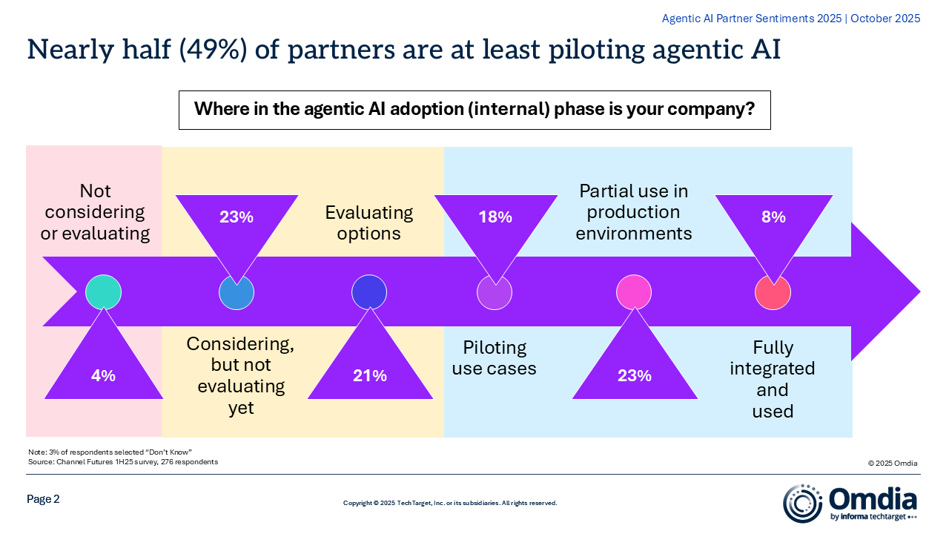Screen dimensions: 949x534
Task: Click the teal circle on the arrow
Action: pos(103,292)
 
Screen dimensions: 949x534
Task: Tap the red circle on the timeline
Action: pos(773,292)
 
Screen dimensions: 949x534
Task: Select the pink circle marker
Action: pos(634,292)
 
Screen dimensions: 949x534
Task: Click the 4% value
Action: pos(103,375)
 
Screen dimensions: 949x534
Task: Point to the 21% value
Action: pos(370,375)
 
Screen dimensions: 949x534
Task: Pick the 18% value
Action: pos(495,217)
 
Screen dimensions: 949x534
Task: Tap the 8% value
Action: pos(773,217)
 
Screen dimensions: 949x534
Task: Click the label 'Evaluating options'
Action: pos(369,223)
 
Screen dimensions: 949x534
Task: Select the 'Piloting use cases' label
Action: pos(495,358)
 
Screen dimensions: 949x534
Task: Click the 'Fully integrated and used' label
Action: pos(773,379)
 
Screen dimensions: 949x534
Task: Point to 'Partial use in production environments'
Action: pos(634,212)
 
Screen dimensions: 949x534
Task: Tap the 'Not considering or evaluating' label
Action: pos(96,212)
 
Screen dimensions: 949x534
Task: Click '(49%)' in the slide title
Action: pos(213,50)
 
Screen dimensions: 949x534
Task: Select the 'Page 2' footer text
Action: pos(43,499)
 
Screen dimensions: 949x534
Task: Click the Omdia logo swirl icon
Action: pos(803,504)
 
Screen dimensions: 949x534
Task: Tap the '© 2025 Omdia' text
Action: pos(893,464)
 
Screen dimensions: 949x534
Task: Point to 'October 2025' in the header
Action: pos(885,19)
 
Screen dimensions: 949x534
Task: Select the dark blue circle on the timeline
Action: pos(369,292)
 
